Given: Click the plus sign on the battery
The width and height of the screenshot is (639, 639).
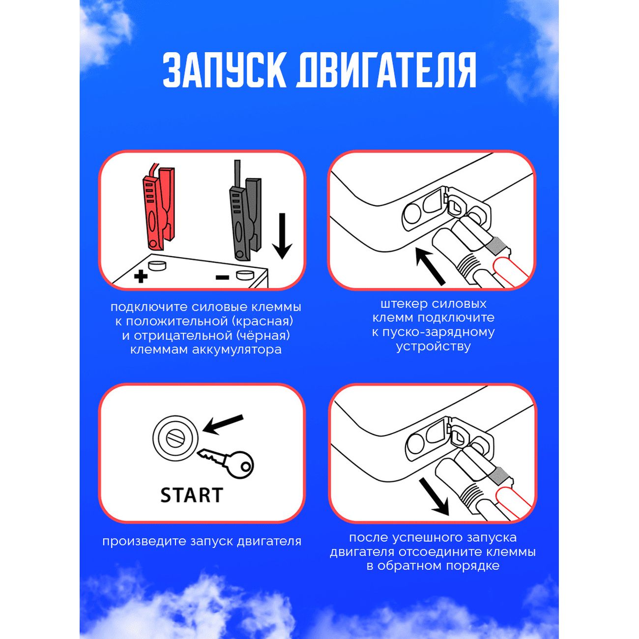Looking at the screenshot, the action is pos(141,276).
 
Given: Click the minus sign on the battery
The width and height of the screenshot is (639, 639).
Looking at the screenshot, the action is pos(222,277).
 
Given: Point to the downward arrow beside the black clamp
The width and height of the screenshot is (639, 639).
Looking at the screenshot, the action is pos(282,236).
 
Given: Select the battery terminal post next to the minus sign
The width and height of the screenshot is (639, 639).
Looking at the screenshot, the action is pos(245,275).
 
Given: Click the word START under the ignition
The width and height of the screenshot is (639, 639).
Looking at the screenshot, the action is pos(192,495).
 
